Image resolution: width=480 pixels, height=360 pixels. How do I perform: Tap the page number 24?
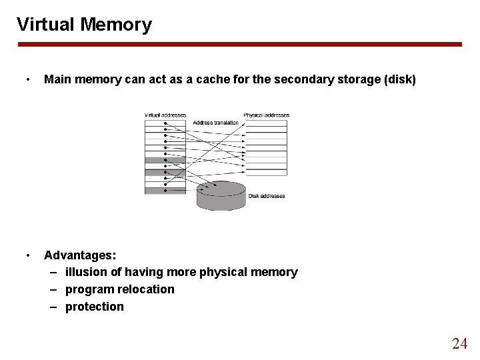(x=459, y=343)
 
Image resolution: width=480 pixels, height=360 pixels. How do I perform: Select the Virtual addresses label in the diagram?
(x=165, y=115)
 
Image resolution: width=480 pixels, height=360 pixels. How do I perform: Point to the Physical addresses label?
(x=266, y=115)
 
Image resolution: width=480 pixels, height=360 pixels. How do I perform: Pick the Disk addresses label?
(x=267, y=196)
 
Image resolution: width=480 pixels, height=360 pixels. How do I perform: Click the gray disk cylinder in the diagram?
(x=221, y=196)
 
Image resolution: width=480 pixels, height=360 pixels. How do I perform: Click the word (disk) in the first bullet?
(x=398, y=81)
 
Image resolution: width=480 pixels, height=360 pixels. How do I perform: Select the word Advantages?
(x=80, y=255)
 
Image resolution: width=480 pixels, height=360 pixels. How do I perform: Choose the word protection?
(x=94, y=307)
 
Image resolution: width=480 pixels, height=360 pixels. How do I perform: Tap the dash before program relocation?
(x=53, y=289)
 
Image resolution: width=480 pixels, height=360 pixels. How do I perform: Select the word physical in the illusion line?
(x=221, y=272)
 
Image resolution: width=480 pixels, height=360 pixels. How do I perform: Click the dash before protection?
(x=53, y=307)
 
